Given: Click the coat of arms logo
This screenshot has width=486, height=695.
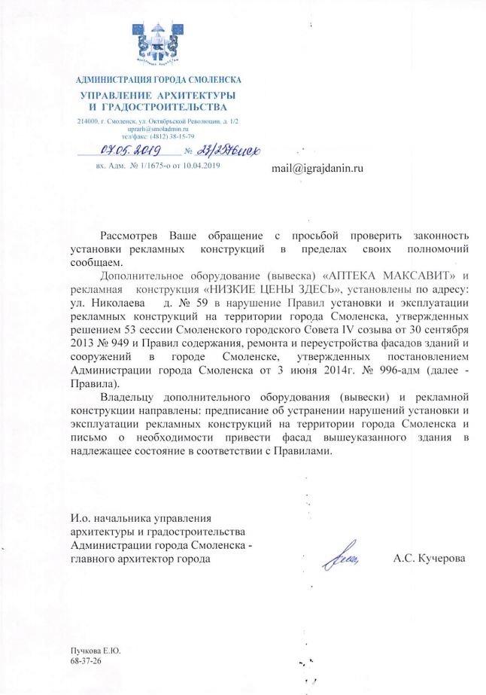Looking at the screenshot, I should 160,44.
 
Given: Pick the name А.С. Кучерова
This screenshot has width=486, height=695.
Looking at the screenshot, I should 429,559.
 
